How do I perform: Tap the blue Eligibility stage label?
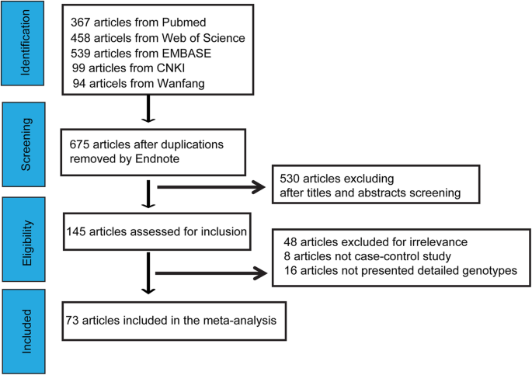26,237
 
